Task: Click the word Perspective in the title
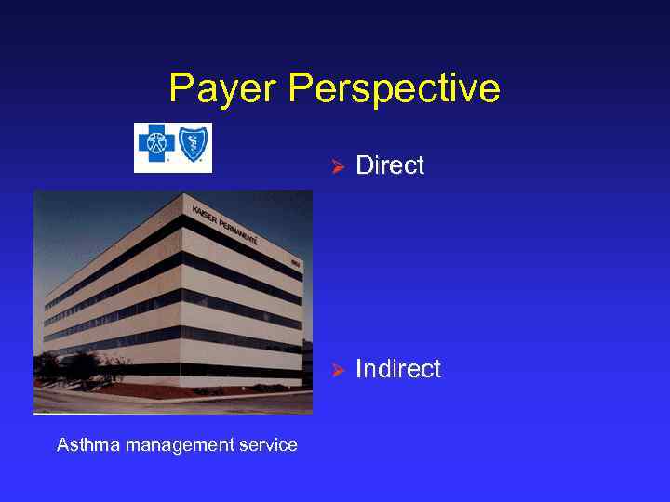394,90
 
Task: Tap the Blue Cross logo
156,146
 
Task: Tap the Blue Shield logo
194,146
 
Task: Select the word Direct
390,166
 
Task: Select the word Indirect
398,369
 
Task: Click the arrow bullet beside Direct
339,167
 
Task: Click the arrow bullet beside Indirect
339,370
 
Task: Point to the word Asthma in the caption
81,445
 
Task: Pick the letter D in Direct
364,166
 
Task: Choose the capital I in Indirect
359,369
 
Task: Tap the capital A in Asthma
62,445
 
